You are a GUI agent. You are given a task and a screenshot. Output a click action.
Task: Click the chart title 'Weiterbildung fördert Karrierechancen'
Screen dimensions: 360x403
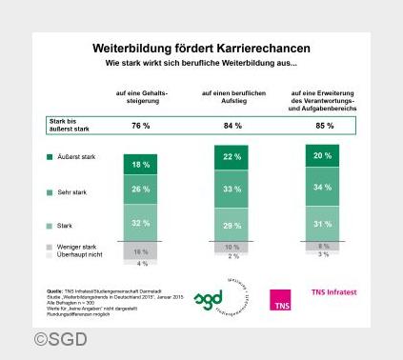point(201,47)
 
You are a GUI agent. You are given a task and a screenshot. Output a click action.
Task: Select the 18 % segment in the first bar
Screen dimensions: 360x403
point(140,165)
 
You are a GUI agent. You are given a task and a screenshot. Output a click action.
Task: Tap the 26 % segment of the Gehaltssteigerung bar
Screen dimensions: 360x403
point(140,190)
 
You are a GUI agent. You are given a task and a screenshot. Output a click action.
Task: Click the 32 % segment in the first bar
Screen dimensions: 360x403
point(140,224)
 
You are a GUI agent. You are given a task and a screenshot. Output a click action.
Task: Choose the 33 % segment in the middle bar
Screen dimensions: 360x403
point(230,190)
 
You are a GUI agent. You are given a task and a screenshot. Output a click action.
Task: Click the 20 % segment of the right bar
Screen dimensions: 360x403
point(323,155)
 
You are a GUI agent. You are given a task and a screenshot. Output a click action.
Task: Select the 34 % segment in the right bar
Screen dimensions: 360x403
point(323,187)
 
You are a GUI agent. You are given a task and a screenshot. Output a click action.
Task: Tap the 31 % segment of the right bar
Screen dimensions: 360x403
point(323,224)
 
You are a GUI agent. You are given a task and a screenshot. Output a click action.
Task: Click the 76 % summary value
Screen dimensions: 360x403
point(140,126)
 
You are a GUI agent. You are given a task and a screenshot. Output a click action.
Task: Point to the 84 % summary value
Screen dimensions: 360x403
point(230,126)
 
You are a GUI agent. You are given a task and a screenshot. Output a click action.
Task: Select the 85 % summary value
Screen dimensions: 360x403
point(323,126)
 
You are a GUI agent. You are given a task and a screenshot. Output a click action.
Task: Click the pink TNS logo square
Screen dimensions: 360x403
point(279,300)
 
